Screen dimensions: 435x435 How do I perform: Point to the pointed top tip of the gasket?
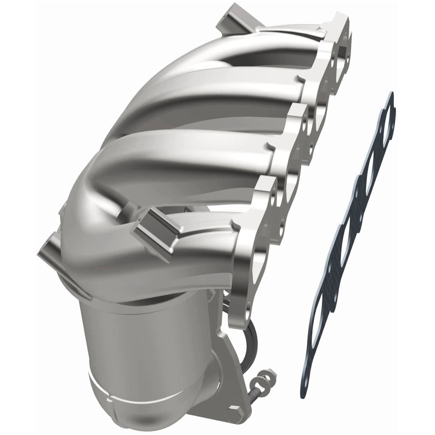(391, 94)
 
